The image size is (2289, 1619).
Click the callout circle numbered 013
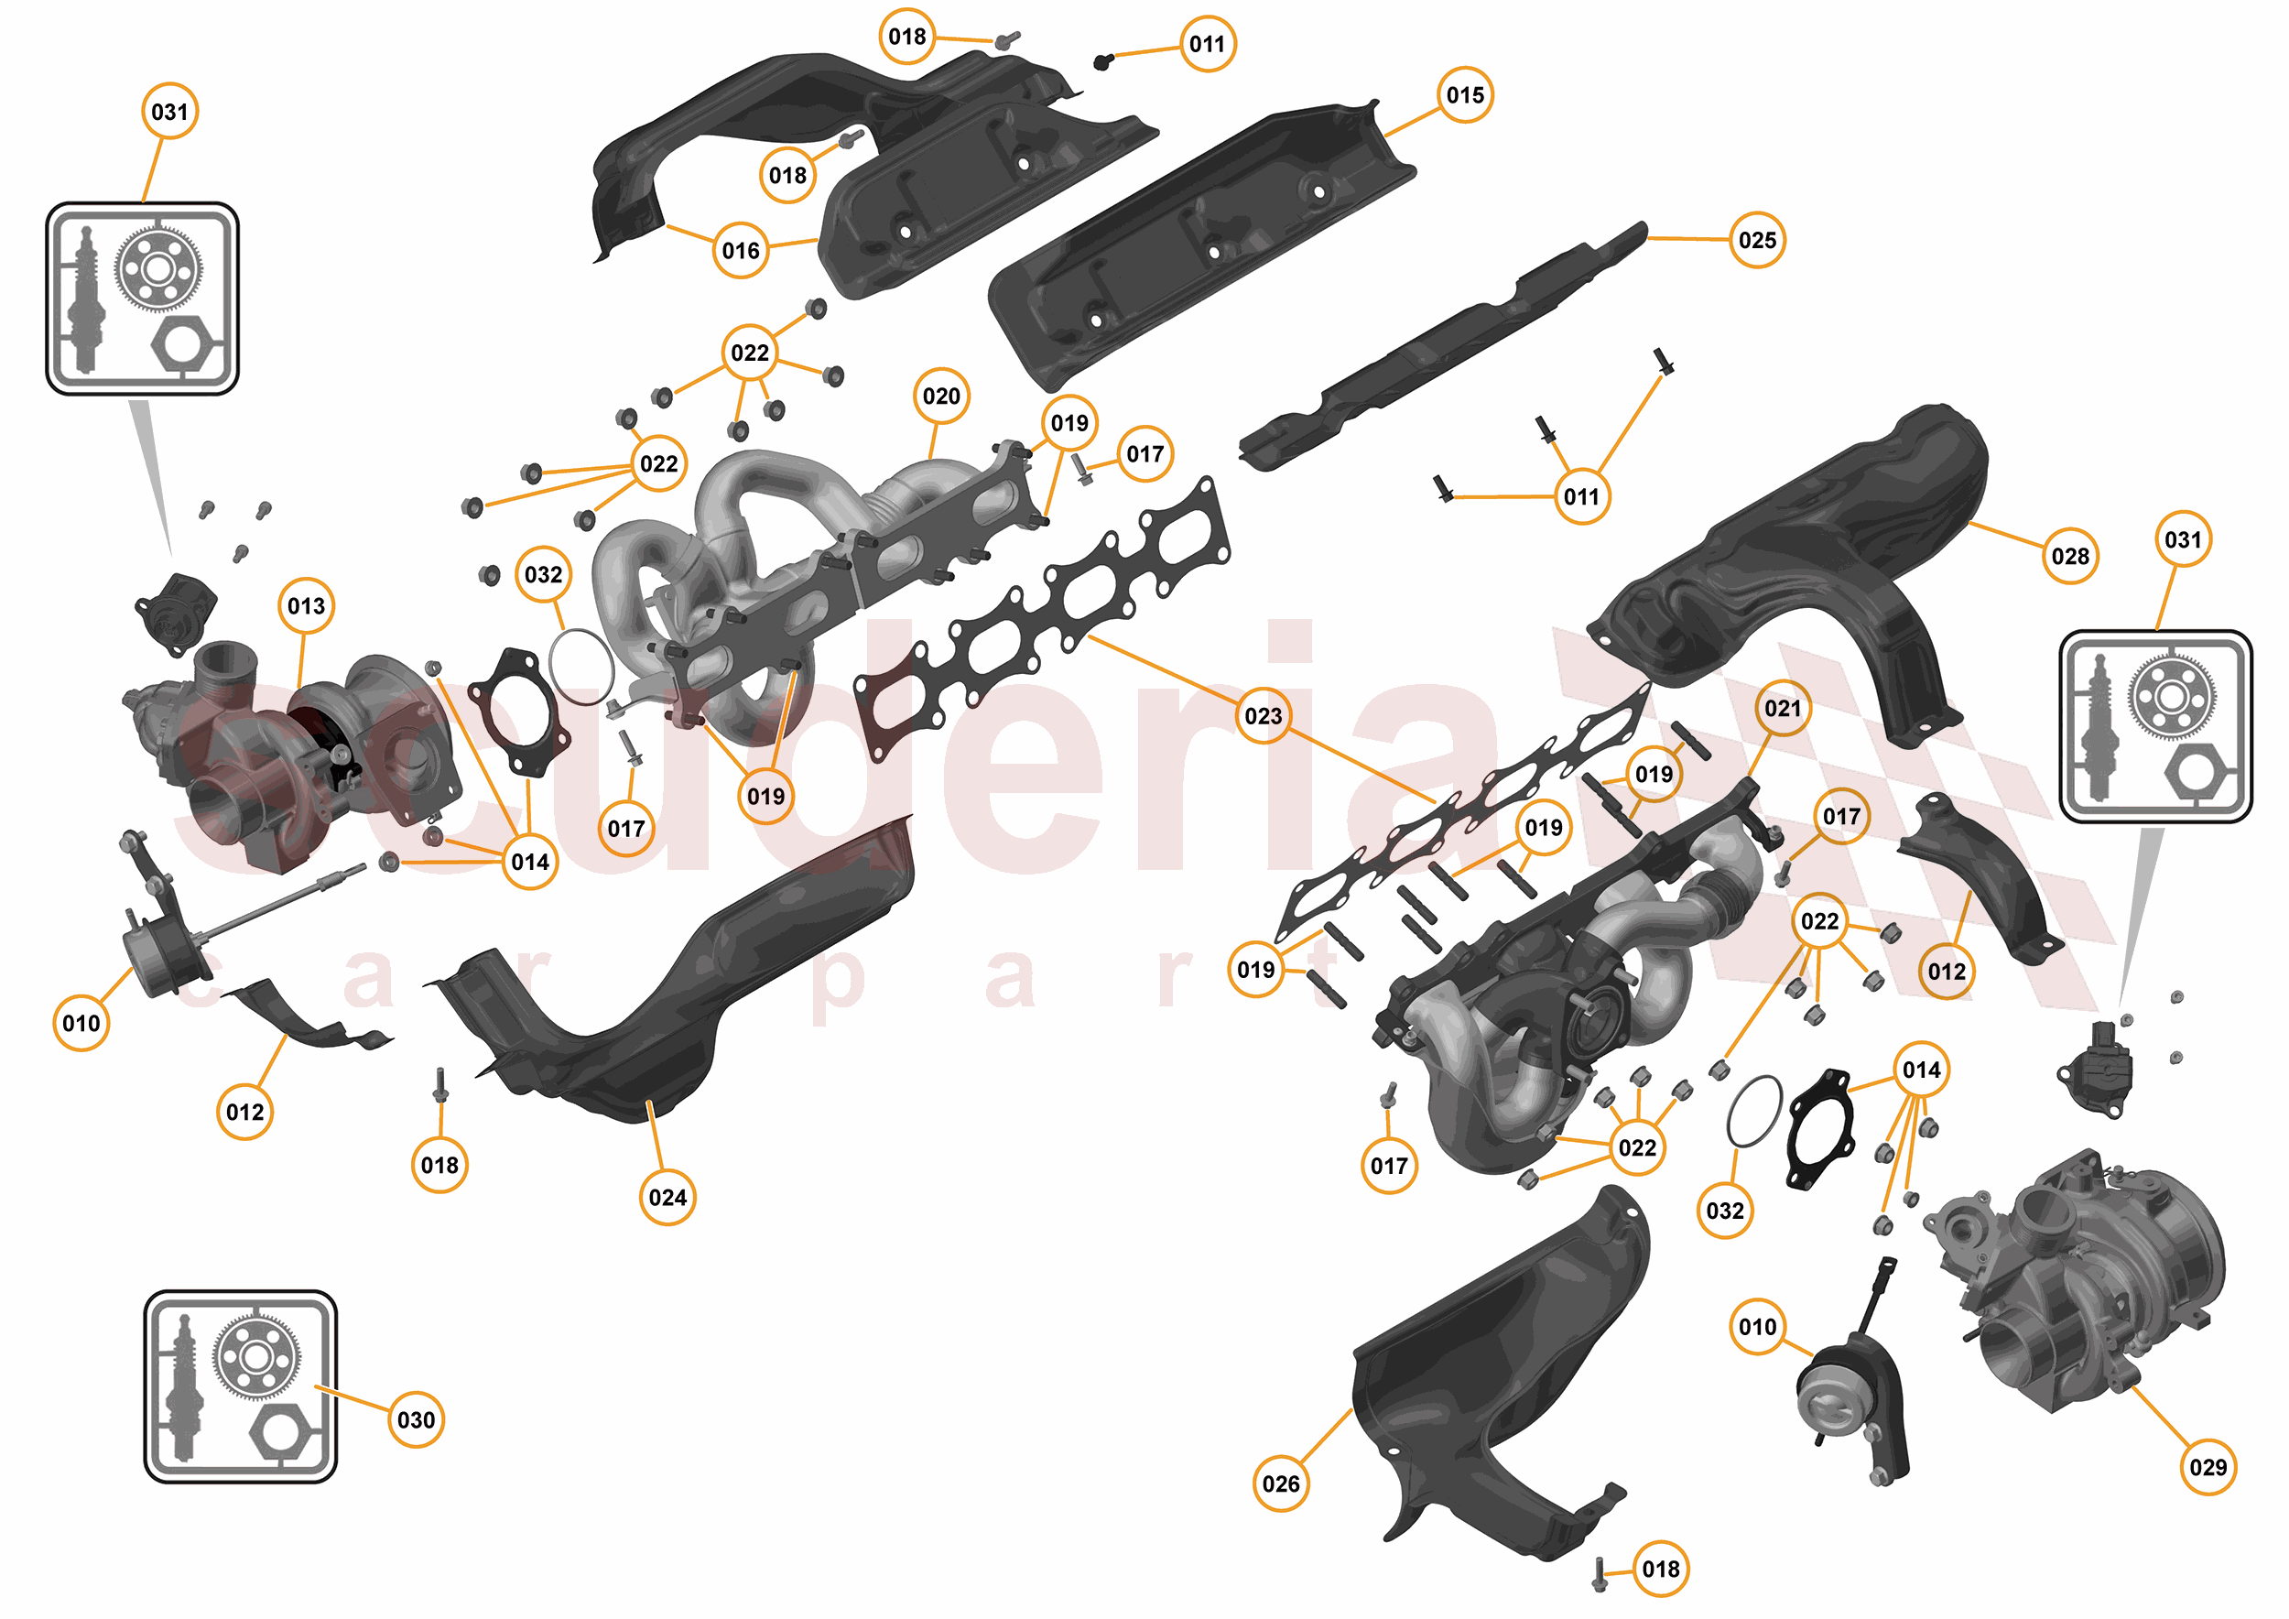click(306, 605)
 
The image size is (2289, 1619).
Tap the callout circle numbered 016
click(741, 250)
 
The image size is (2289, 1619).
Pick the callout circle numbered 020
click(941, 396)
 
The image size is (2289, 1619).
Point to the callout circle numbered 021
click(1783, 708)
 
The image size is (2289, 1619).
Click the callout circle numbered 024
click(667, 1196)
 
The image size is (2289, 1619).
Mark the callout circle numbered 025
click(1757, 240)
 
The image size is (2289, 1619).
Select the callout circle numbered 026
click(1280, 1483)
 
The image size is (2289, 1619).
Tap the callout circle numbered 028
click(2069, 556)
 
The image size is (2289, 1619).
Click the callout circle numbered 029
click(2208, 1466)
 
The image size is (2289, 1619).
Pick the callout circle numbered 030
click(416, 1419)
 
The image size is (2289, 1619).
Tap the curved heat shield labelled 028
click(1795, 569)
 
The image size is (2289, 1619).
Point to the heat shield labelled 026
click(1495, 1375)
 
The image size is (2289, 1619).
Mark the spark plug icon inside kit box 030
click(182, 1385)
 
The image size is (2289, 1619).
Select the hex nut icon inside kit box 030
click(277, 1431)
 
